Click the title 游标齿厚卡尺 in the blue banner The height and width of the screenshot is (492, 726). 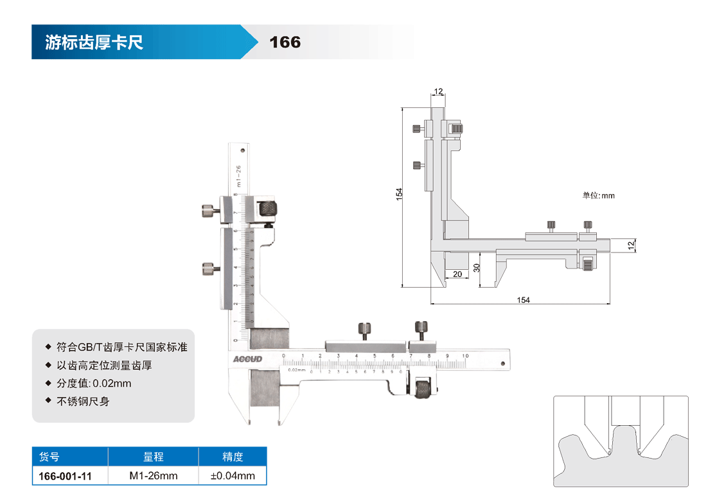coord(94,42)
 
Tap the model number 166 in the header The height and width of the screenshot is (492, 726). coord(285,42)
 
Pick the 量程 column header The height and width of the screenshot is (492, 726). coord(153,457)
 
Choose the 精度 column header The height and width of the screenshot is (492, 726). coord(233,457)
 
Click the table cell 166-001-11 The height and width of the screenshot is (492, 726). coord(66,476)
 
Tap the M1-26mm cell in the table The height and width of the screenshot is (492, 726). coord(153,476)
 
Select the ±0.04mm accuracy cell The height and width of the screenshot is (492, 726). coord(233,476)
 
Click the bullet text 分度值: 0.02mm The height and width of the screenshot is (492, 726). coord(94,383)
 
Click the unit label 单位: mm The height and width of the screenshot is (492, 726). coord(598,195)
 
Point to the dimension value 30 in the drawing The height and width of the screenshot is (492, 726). coord(476,268)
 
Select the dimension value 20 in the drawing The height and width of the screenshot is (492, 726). coord(457,274)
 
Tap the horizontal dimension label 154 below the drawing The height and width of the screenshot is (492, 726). coord(523,300)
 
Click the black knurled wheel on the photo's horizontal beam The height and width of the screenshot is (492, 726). coord(423,389)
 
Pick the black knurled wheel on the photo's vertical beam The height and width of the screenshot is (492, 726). coord(267,207)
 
